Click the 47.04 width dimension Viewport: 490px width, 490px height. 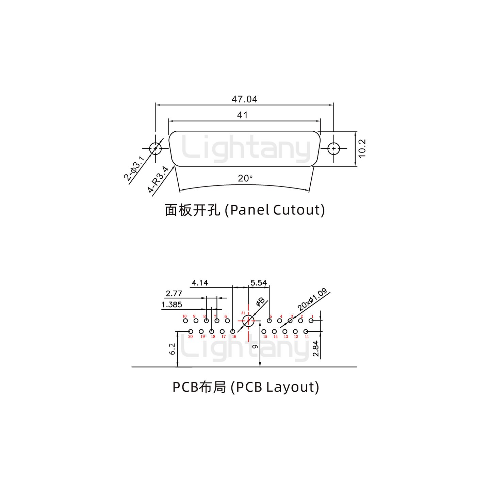click(x=244, y=99)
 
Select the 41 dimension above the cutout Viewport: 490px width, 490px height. click(x=242, y=115)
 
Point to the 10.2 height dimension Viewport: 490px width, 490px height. click(x=362, y=148)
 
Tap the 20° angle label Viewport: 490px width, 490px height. click(x=245, y=178)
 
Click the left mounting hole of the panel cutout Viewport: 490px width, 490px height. click(x=156, y=149)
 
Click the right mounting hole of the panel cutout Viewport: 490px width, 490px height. click(x=333, y=149)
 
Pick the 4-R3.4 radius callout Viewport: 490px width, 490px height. click(x=159, y=179)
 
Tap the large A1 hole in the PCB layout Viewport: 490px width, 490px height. click(x=248, y=321)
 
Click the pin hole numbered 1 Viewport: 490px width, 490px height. click(x=311, y=321)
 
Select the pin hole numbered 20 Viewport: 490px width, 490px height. click(x=191, y=331)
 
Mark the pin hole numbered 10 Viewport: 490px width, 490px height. click(x=185, y=321)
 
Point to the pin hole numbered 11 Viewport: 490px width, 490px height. click(x=306, y=331)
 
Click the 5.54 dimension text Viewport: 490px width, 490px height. click(x=259, y=282)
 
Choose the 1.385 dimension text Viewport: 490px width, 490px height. click(x=171, y=305)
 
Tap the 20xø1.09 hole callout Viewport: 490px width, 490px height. click(x=312, y=299)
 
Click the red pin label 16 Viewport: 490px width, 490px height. click(x=234, y=337)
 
